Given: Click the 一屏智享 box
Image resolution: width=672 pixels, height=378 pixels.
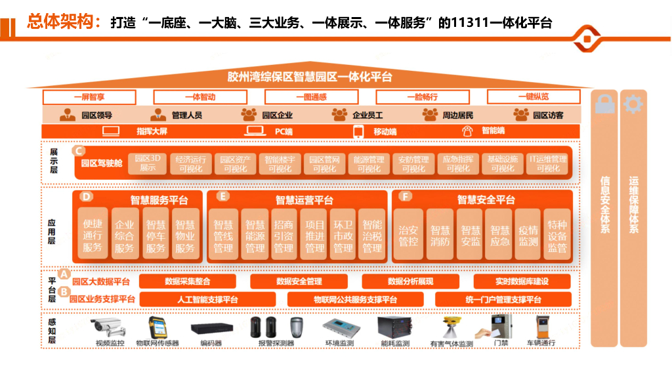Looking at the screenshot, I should (89, 97).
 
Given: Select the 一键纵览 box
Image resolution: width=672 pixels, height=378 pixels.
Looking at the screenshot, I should (533, 97).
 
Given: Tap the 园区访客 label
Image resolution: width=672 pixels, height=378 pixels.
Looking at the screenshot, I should (547, 115).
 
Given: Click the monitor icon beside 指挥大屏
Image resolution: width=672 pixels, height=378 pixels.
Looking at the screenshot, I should (111, 131).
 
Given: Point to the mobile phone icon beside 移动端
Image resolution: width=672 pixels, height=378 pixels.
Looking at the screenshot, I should (358, 132).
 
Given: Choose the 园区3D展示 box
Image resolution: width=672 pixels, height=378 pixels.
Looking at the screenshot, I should (147, 163).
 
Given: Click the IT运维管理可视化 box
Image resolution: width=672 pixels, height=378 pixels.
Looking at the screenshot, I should (547, 163).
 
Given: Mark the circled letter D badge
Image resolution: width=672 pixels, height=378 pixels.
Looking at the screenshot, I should (86, 196).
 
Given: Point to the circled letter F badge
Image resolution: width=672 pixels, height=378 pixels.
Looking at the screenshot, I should (406, 196).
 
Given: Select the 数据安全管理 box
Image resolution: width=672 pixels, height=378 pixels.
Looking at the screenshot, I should (299, 282).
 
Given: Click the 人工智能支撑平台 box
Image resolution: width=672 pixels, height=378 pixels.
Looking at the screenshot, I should (207, 300).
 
